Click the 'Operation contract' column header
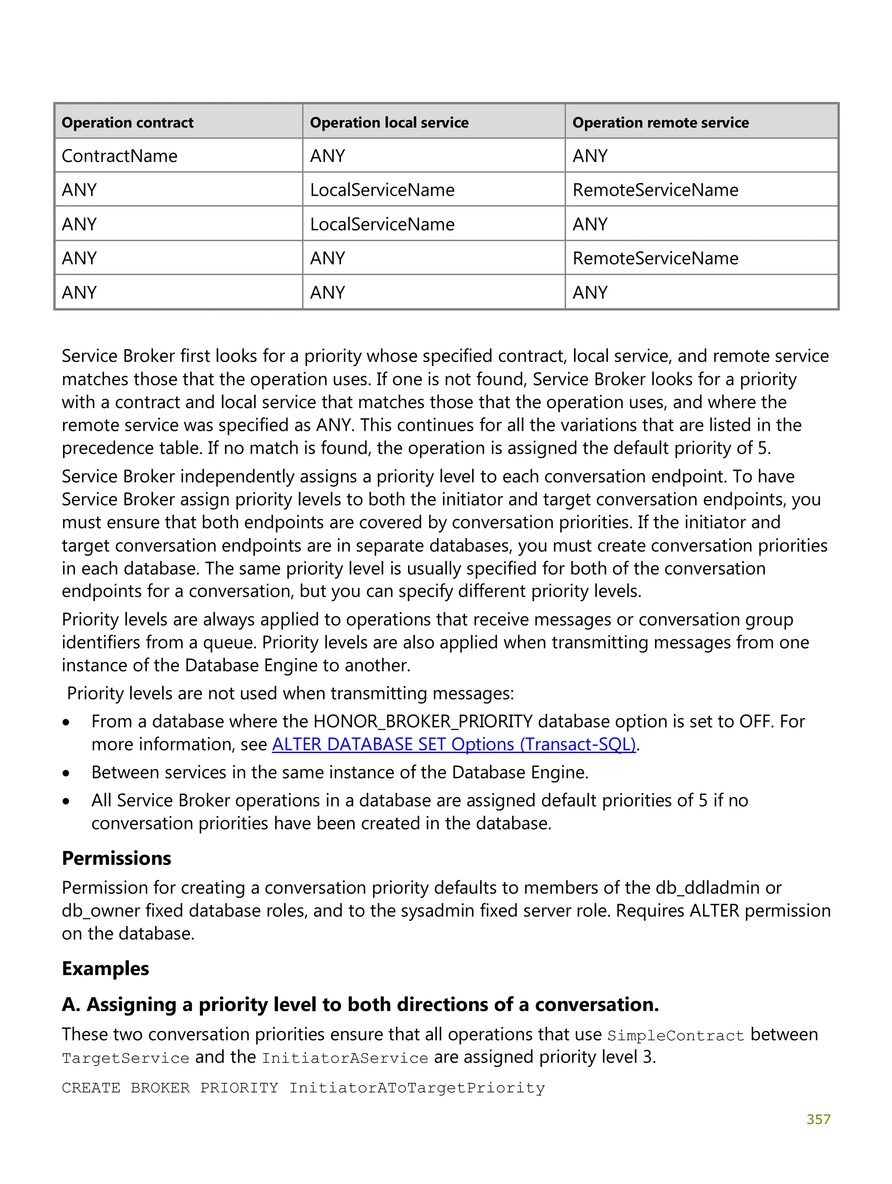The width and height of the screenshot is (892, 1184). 127,122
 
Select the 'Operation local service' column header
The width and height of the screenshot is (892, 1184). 389,122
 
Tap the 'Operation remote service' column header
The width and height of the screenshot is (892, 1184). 660,122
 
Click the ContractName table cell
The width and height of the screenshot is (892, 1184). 119,156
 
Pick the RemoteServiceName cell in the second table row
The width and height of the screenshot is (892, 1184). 655,190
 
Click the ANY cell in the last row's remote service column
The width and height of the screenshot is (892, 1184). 590,293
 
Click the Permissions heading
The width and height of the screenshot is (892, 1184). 116,858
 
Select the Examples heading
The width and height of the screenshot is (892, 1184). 105,969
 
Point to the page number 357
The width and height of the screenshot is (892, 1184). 818,1119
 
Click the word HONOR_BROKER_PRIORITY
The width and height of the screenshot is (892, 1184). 423,722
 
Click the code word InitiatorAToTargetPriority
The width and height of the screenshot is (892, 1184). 417,1088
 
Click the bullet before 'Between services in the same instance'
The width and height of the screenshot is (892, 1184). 66,774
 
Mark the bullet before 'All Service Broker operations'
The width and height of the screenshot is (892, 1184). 66,801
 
